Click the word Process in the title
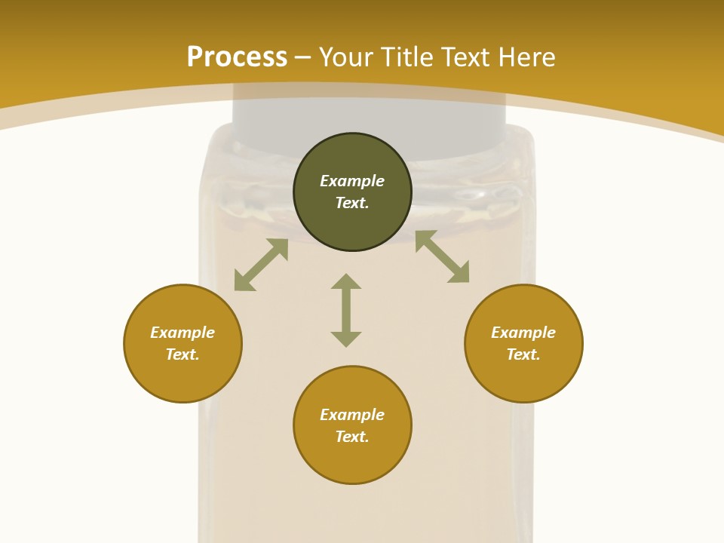point(237,57)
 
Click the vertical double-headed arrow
point(346,310)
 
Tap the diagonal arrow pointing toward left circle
point(261,265)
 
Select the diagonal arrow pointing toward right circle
point(442,256)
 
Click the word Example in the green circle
point(352,181)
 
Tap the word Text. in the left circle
point(183,354)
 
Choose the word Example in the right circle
point(523,333)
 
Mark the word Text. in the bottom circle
point(352,437)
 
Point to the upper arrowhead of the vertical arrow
point(346,281)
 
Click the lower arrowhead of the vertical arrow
point(346,339)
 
